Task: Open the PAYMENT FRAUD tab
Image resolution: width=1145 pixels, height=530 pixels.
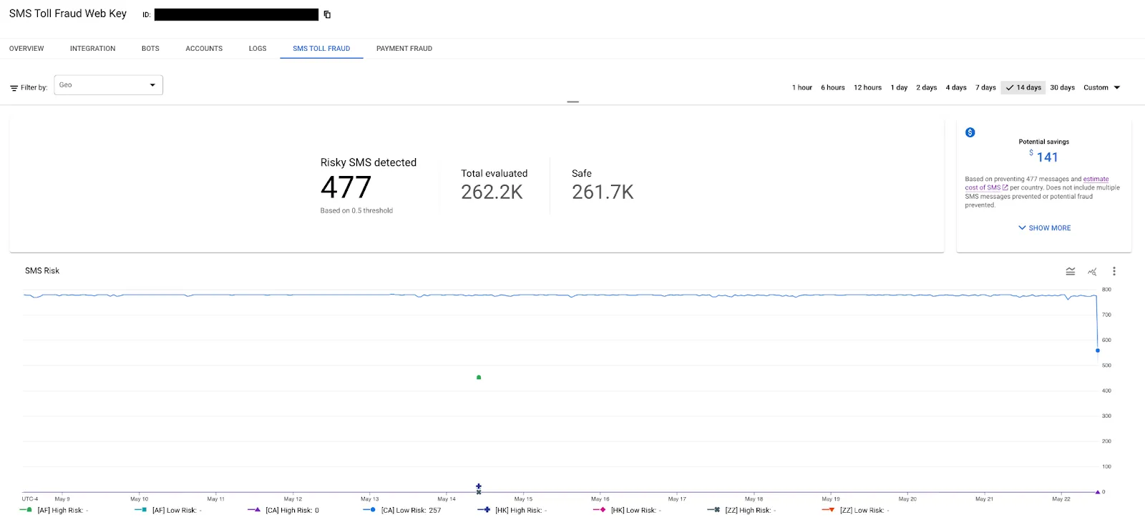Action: pos(404,49)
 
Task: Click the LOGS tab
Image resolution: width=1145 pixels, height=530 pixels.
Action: pos(258,49)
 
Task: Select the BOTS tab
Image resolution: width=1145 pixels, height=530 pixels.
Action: pos(150,49)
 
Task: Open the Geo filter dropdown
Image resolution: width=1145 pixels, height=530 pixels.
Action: pos(109,85)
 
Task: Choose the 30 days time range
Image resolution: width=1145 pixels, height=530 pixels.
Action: pos(1062,88)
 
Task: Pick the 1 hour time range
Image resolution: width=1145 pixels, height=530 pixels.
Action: pos(801,88)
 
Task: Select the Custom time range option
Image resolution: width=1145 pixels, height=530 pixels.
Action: pos(1101,88)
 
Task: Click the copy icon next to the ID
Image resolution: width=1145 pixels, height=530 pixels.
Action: pos(327,14)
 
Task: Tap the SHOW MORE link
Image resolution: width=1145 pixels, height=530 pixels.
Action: pos(1045,228)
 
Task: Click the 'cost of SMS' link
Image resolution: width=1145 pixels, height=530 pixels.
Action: pos(983,188)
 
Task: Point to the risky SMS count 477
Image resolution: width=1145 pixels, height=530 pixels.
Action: pos(346,187)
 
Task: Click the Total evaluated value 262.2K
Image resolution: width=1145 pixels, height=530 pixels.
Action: pos(492,192)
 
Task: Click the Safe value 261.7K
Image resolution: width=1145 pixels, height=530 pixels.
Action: pos(603,192)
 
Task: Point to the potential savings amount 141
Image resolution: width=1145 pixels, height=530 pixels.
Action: pos(1046,157)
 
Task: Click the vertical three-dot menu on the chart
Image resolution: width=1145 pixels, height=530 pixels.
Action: pos(1114,271)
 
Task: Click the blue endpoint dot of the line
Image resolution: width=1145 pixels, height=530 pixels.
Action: pos(1098,350)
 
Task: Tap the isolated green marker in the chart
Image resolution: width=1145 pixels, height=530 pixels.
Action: pos(479,377)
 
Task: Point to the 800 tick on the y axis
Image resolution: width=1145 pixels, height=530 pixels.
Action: pos(1106,290)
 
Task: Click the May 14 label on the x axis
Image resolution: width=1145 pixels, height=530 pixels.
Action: pos(447,499)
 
